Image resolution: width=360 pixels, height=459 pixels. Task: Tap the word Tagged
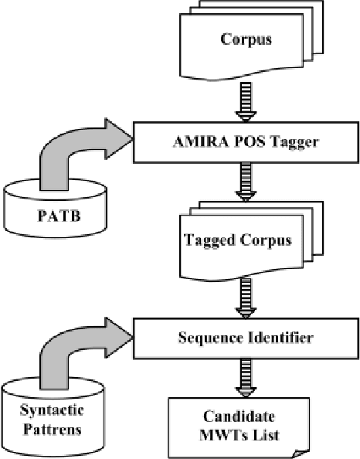click(x=209, y=240)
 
